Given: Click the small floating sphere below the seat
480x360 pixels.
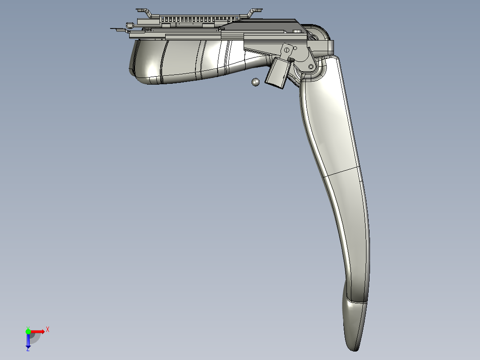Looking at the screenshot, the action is coord(255,82).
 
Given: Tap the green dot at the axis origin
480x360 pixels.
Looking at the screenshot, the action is coord(28,331).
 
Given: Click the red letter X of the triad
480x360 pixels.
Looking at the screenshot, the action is coord(48,330).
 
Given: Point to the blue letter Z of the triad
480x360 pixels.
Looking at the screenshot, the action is coord(28,349).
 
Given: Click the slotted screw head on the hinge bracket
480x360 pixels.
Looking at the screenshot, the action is coord(287,49).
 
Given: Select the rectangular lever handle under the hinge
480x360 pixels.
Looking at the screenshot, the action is coord(277,73).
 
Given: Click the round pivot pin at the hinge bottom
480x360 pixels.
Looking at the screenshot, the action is coord(311,66).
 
